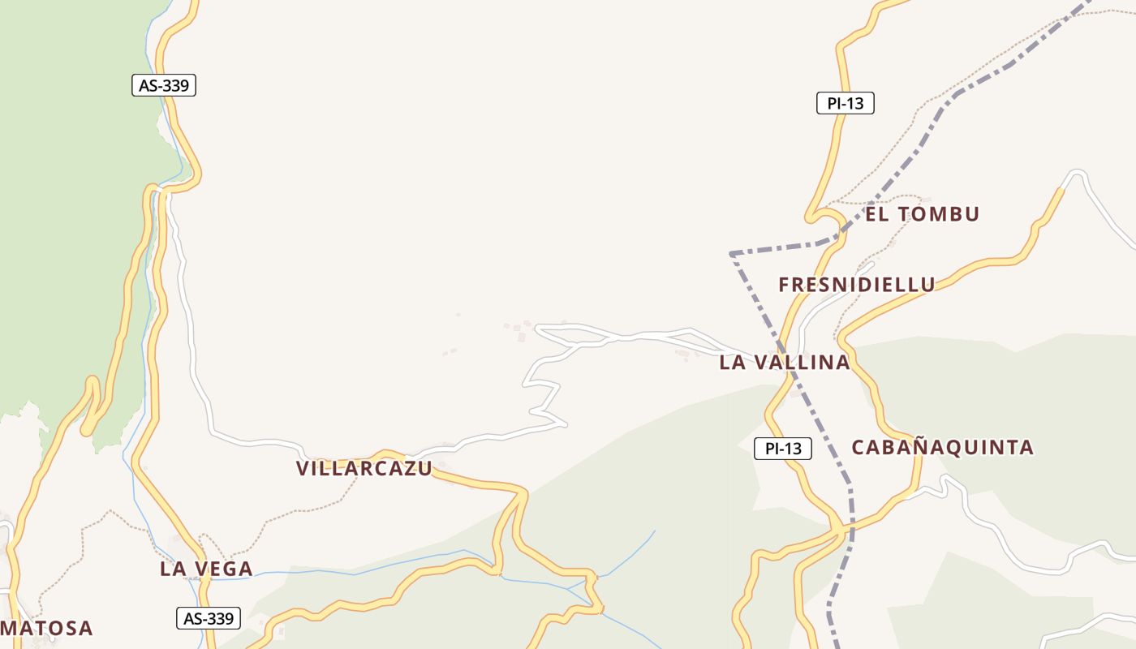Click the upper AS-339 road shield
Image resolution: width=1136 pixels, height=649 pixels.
point(164,85)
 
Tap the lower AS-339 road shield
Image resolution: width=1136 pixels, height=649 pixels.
point(209,618)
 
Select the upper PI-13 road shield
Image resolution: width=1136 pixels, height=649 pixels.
point(845,103)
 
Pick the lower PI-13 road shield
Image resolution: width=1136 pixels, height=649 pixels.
point(783,449)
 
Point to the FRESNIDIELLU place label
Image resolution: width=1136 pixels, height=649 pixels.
point(857,285)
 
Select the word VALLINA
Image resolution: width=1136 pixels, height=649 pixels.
point(799,363)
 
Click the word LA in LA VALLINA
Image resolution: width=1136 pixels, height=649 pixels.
point(733,363)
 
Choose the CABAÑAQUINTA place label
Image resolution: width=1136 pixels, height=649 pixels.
point(943,447)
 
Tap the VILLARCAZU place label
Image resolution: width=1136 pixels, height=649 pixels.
point(364,468)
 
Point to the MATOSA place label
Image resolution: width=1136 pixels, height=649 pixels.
point(46,628)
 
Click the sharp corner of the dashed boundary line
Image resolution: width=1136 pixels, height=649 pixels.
point(731,254)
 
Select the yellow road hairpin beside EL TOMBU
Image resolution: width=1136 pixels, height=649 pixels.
point(812,217)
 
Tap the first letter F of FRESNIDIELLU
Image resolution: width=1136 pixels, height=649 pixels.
point(785,285)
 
